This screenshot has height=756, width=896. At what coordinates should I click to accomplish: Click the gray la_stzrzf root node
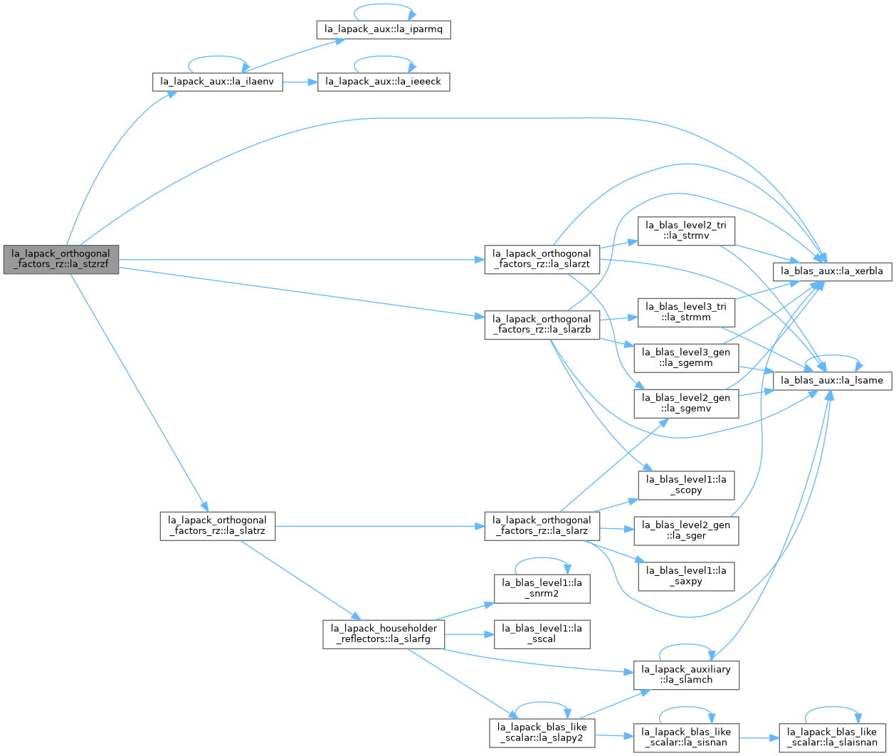(61, 259)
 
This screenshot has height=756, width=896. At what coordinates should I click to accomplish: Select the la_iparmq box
(383, 30)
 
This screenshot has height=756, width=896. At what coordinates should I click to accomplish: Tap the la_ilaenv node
(218, 82)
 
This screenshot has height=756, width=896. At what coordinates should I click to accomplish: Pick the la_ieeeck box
(383, 82)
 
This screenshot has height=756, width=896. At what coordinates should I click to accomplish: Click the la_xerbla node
(832, 271)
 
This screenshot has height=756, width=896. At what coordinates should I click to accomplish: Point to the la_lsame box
(832, 381)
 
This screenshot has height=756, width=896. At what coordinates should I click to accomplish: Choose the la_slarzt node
(542, 259)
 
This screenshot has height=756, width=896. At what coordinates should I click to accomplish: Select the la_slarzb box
(542, 325)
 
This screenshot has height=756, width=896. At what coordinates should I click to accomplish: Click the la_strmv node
(686, 231)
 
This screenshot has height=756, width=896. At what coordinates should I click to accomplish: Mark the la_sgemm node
(686, 357)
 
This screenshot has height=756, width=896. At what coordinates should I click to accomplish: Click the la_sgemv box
(686, 403)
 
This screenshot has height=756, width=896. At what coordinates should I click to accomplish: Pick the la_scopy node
(686, 485)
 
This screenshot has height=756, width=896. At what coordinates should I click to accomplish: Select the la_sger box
(686, 530)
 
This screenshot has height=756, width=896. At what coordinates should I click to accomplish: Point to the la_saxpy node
(686, 576)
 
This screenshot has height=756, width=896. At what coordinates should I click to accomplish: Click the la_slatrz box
(218, 526)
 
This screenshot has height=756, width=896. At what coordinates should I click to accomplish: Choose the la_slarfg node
(383, 634)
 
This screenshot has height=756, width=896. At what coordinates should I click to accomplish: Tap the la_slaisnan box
(832, 737)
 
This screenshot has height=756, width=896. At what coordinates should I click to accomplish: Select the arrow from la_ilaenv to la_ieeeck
(300, 82)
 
